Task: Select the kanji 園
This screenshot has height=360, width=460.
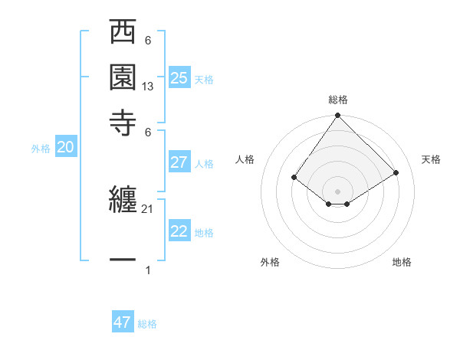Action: pyautogui.click(x=123, y=77)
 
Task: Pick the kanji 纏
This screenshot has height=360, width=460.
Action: pyautogui.click(x=123, y=202)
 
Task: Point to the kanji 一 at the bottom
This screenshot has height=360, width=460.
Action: pyautogui.click(x=123, y=260)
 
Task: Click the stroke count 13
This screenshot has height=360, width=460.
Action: pyautogui.click(x=148, y=87)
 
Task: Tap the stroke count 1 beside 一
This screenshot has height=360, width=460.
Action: pyautogui.click(x=148, y=270)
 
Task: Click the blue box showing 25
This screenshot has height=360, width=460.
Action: pyautogui.click(x=179, y=77)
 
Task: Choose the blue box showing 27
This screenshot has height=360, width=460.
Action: pyautogui.click(x=179, y=162)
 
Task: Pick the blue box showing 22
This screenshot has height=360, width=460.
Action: pyautogui.click(x=179, y=231)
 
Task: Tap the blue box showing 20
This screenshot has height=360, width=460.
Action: pyautogui.click(x=65, y=148)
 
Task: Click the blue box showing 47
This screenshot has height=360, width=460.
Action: pyautogui.click(x=123, y=322)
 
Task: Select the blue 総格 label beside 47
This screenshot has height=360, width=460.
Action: pyautogui.click(x=147, y=324)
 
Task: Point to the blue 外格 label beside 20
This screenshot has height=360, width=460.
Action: pyautogui.click(x=41, y=149)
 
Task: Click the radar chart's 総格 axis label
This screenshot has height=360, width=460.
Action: pyautogui.click(x=338, y=100)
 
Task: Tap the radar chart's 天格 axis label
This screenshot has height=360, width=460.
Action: pyautogui.click(x=431, y=159)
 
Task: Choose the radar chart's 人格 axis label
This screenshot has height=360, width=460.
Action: pyautogui.click(x=245, y=159)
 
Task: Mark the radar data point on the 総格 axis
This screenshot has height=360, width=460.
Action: pyautogui.click(x=338, y=116)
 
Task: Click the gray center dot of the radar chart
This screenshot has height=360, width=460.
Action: pyautogui.click(x=338, y=191)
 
